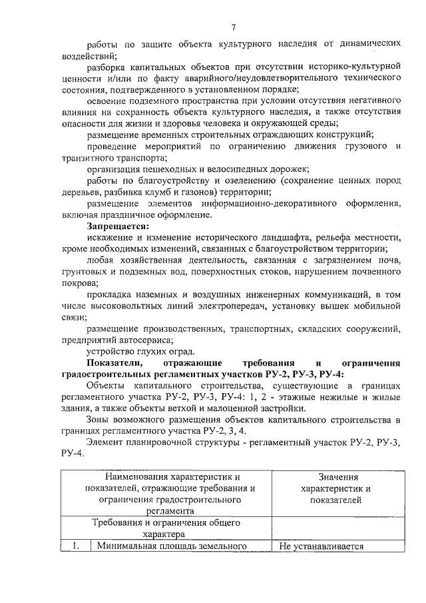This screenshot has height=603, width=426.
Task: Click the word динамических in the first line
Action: point(363,44)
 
